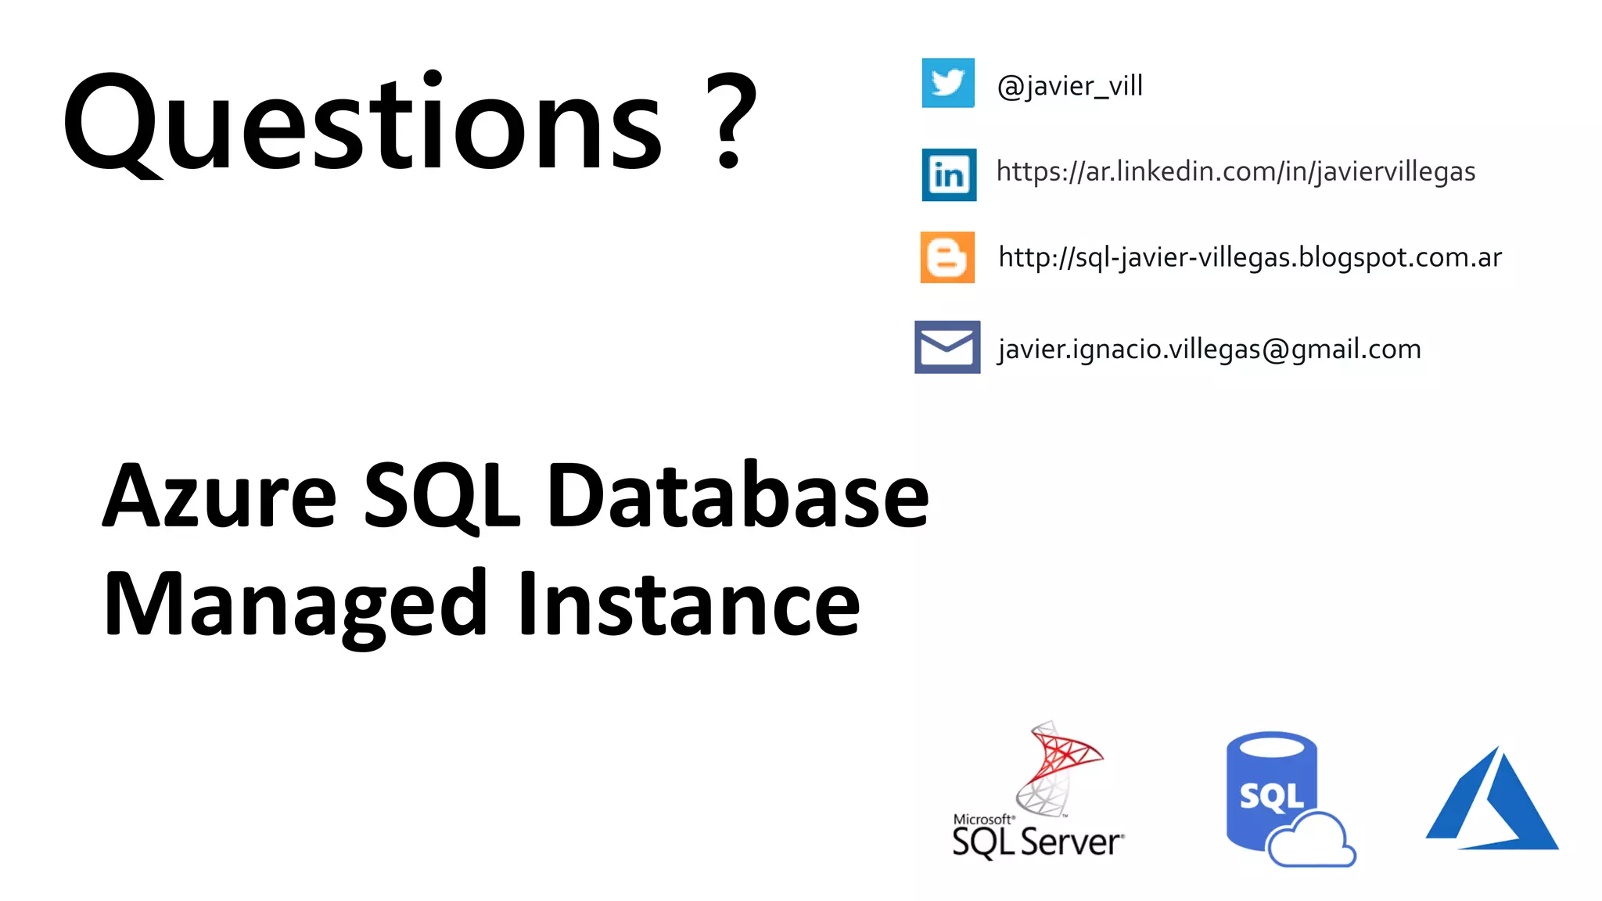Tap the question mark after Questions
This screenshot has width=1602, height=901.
click(731, 121)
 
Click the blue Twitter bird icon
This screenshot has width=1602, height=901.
click(948, 83)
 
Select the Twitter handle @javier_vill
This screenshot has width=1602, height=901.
click(1069, 86)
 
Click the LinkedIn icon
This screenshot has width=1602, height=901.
click(949, 174)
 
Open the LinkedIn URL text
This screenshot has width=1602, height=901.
click(1235, 171)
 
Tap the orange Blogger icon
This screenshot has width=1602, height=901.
click(947, 257)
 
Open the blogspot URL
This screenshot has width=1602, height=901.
click(1249, 257)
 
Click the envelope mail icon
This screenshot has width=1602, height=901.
click(947, 346)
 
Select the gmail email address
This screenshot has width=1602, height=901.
click(1209, 349)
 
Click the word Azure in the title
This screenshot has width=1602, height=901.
click(220, 496)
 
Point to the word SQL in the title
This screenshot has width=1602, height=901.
click(441, 496)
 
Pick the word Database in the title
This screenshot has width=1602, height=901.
click(738, 496)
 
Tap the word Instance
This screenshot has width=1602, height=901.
click(688, 605)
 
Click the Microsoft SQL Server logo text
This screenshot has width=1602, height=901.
click(1037, 839)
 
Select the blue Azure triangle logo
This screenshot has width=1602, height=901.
click(1492, 802)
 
